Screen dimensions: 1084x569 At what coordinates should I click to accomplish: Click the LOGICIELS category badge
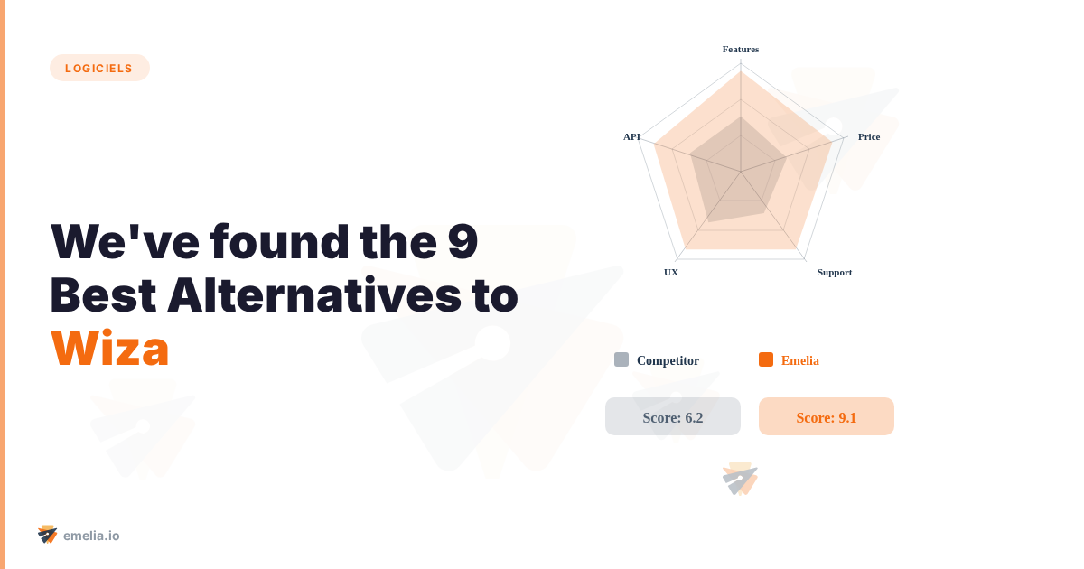tap(99, 68)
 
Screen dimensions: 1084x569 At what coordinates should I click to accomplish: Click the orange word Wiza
tap(110, 349)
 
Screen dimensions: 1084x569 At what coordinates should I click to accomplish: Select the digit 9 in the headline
tap(463, 241)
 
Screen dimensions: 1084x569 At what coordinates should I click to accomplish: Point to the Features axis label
tap(741, 50)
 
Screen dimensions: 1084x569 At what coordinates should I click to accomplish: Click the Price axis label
tap(869, 137)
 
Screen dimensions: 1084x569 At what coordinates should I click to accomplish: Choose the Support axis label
tap(835, 273)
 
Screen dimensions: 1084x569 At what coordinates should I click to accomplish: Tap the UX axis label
tap(670, 273)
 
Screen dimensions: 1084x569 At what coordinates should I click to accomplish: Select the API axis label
tap(631, 137)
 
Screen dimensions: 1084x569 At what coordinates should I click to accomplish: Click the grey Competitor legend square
tap(621, 359)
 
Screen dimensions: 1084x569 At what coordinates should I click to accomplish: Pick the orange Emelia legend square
tap(766, 359)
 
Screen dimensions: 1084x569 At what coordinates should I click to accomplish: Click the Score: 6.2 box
tap(673, 416)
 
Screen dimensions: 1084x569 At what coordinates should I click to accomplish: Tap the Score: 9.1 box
tap(826, 416)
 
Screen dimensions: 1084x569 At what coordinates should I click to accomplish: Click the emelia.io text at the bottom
tap(91, 536)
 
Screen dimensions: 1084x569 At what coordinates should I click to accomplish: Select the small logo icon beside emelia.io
tap(47, 535)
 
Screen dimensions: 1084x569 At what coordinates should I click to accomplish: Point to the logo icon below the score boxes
tap(740, 479)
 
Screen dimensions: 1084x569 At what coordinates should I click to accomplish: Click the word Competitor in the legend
tap(668, 360)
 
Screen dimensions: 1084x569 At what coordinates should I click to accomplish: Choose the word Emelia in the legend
tap(800, 360)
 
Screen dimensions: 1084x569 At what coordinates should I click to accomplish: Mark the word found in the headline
tap(279, 241)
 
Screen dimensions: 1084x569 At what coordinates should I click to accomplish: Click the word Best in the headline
tap(103, 294)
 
